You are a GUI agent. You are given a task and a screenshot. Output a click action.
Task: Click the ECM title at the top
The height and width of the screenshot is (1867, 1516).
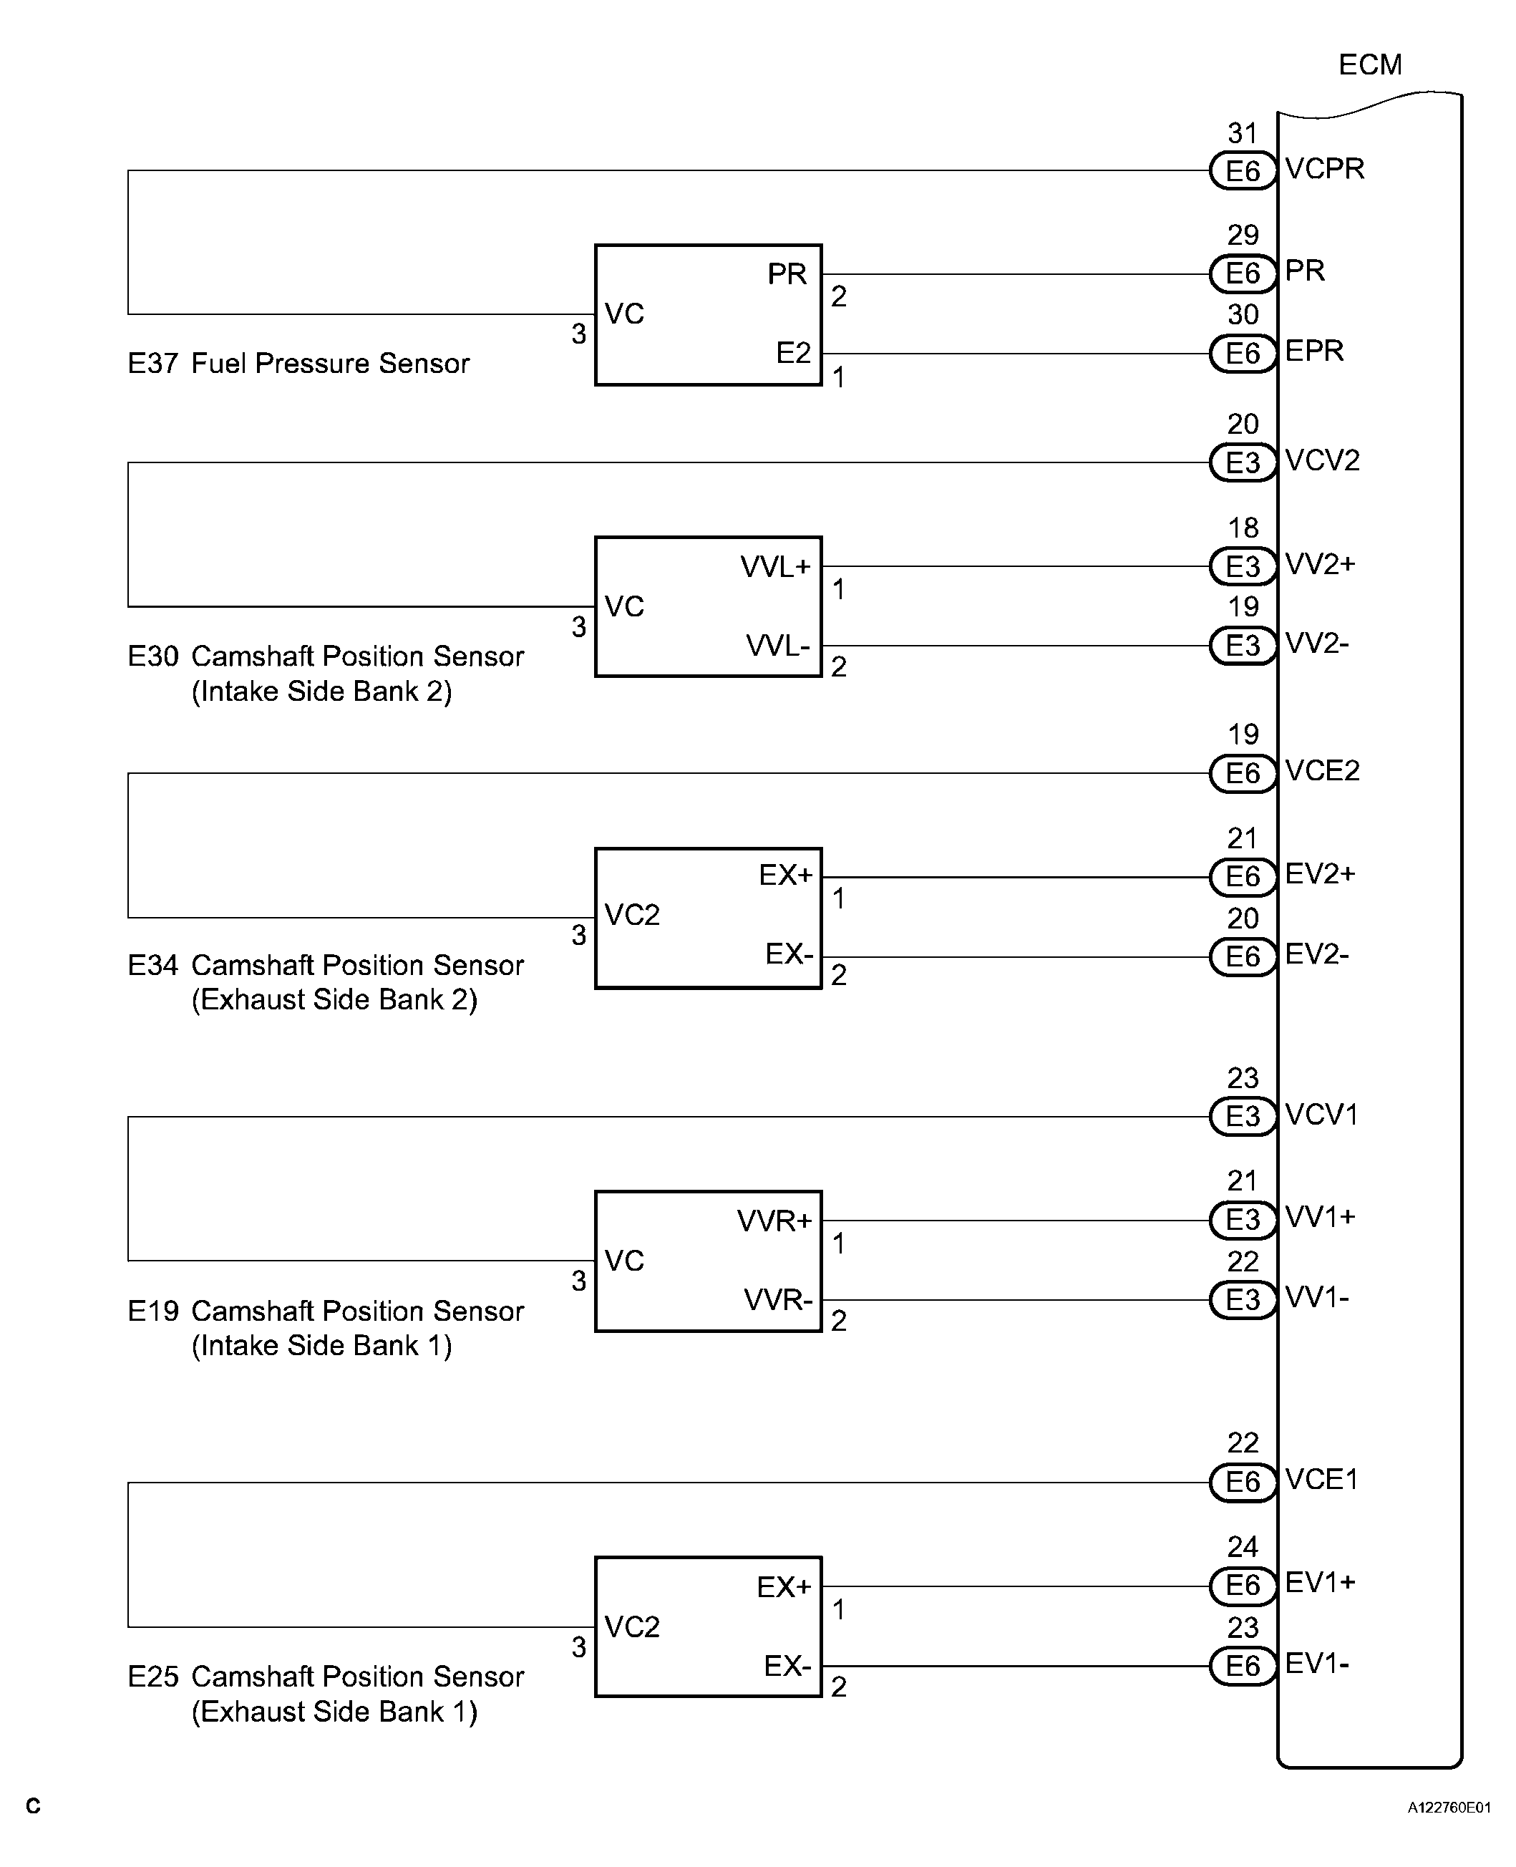pos(1369,64)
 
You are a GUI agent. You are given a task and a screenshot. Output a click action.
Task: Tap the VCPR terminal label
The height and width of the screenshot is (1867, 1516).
pos(1324,168)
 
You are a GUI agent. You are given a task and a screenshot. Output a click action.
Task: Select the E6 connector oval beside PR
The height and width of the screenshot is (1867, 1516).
pos(1242,273)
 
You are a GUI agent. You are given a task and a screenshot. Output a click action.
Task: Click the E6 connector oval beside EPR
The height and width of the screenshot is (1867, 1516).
pos(1242,354)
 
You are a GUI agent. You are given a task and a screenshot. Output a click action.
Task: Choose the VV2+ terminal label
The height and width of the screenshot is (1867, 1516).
pos(1319,564)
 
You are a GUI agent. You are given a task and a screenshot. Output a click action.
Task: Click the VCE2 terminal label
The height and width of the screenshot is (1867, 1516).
pos(1322,770)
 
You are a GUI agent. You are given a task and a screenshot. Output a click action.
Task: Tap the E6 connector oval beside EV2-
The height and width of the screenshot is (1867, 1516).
pos(1242,956)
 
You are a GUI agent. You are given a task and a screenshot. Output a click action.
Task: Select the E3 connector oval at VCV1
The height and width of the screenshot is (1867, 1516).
pos(1242,1116)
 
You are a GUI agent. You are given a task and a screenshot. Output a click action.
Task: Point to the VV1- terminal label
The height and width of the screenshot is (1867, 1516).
pos(1317,1298)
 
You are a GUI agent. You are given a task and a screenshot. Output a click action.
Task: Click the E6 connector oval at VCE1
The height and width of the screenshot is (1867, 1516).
pos(1242,1482)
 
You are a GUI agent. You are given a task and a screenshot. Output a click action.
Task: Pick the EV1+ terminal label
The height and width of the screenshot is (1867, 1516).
pos(1319,1582)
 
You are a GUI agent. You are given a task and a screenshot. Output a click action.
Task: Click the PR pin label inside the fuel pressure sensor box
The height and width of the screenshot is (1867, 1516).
pos(786,274)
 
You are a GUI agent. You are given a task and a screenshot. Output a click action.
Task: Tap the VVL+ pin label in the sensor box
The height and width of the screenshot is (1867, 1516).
pos(775,567)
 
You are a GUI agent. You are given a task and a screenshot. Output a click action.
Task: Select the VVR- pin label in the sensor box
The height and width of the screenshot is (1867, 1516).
pos(777,1299)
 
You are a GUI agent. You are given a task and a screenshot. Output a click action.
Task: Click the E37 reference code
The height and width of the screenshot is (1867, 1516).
pos(153,363)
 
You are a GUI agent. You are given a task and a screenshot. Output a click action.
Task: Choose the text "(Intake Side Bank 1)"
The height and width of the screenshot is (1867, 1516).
pos(321,1346)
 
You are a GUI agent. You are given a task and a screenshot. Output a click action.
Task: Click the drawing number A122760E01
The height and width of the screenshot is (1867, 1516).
pos(1449,1808)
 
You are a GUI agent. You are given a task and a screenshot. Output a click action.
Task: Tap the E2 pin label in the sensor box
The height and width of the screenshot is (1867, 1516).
pos(793,353)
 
